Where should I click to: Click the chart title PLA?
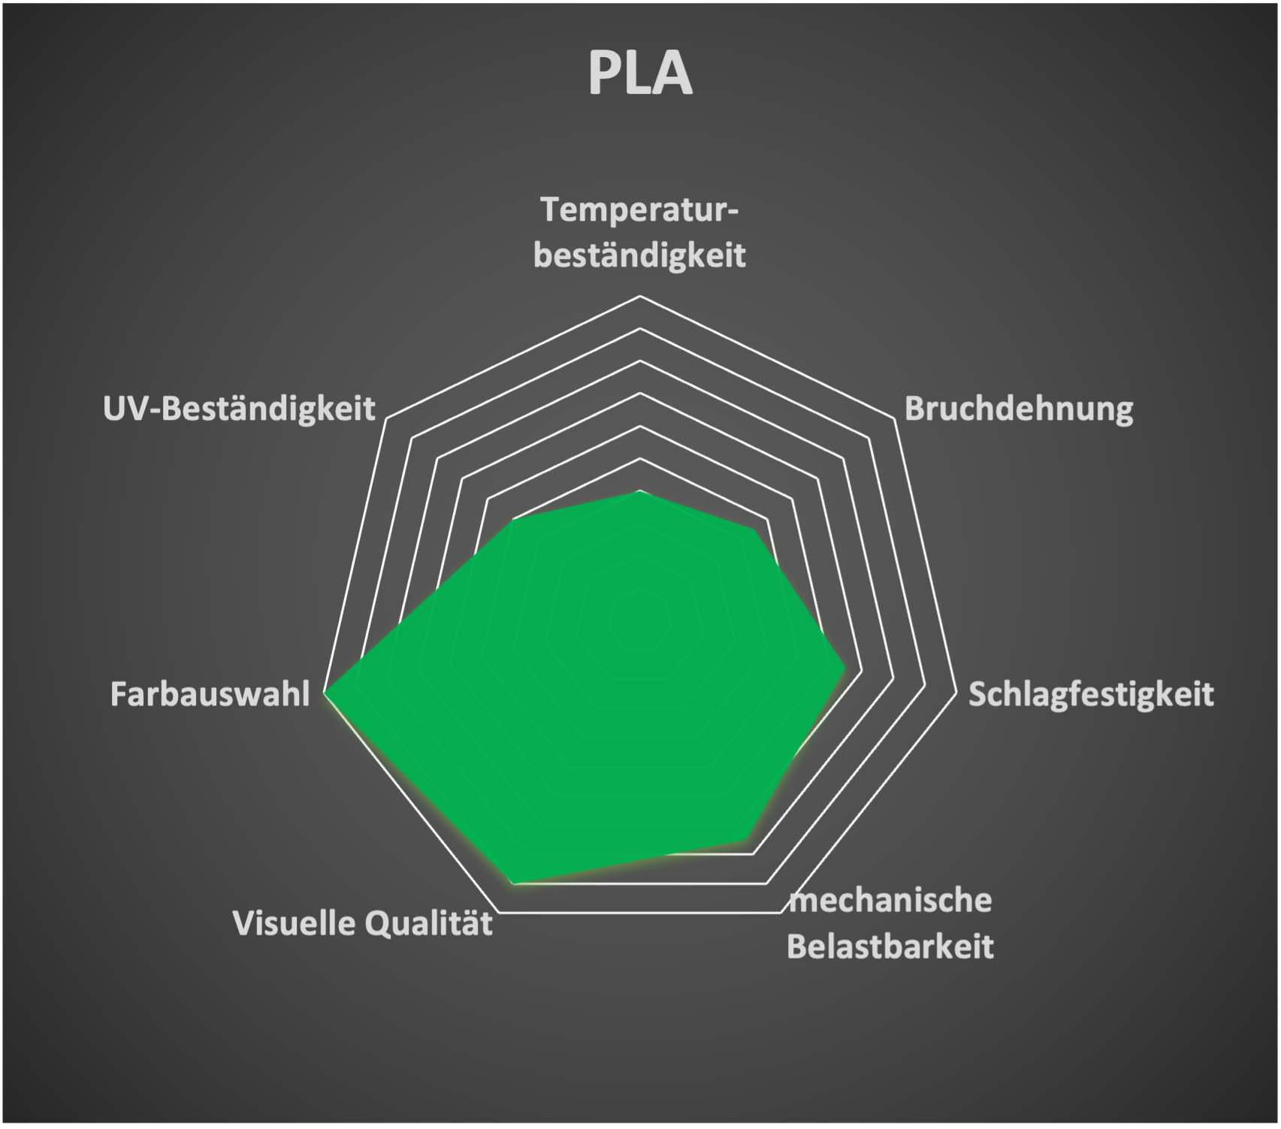(x=639, y=74)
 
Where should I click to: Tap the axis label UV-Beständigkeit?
(x=239, y=409)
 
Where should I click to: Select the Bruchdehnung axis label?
(x=1019, y=409)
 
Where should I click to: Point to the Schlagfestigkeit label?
(x=1090, y=694)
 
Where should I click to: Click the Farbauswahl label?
(x=210, y=694)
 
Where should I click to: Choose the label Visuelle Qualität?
(x=363, y=923)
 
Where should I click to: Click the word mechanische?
(x=891, y=900)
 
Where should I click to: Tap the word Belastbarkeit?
(x=890, y=946)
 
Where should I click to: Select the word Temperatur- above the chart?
(x=640, y=210)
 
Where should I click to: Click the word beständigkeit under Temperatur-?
(x=640, y=255)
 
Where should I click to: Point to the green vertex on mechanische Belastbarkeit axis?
(x=746, y=840)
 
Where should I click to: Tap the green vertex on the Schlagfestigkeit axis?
(x=846, y=667)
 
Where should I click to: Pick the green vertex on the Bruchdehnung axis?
(x=754, y=529)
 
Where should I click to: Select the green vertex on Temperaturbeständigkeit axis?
(x=640, y=491)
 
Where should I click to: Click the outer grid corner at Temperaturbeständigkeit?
(x=640, y=296)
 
